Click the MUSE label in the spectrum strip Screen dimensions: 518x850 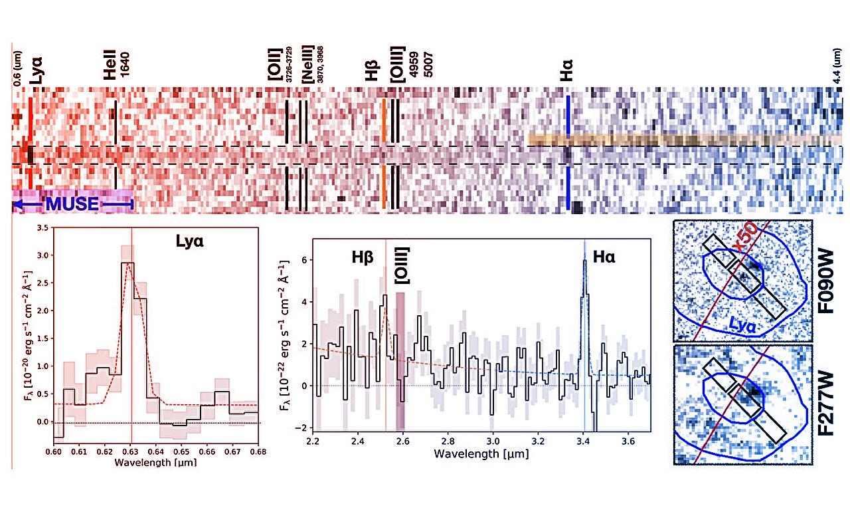tap(72, 203)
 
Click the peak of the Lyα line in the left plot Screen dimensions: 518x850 tap(131, 263)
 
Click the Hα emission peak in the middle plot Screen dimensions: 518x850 tap(584, 260)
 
